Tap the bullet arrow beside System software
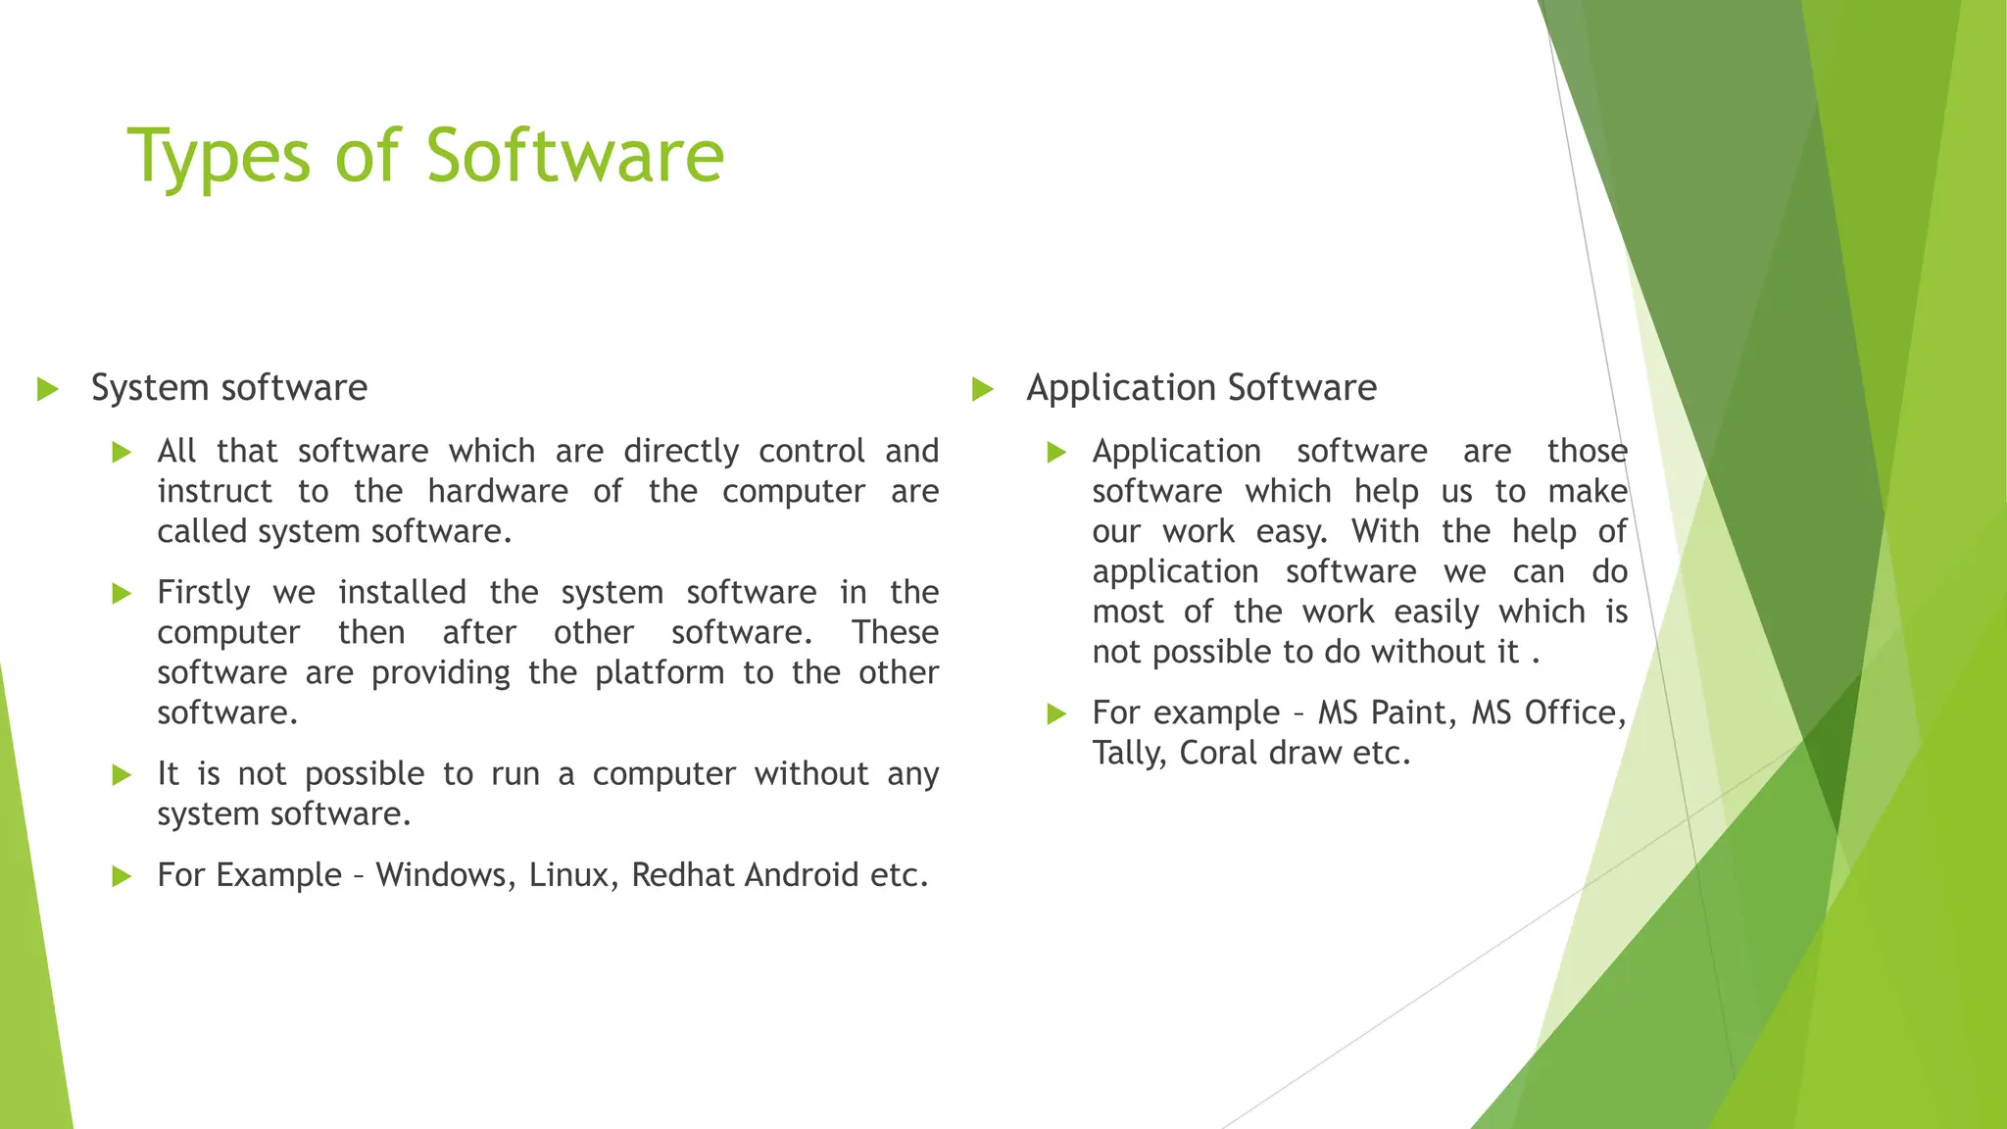47,389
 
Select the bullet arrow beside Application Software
983,389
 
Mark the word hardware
498,491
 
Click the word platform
660,672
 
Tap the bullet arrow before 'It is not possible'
122,776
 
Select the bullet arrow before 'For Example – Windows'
122,876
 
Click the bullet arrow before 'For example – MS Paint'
1056,714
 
